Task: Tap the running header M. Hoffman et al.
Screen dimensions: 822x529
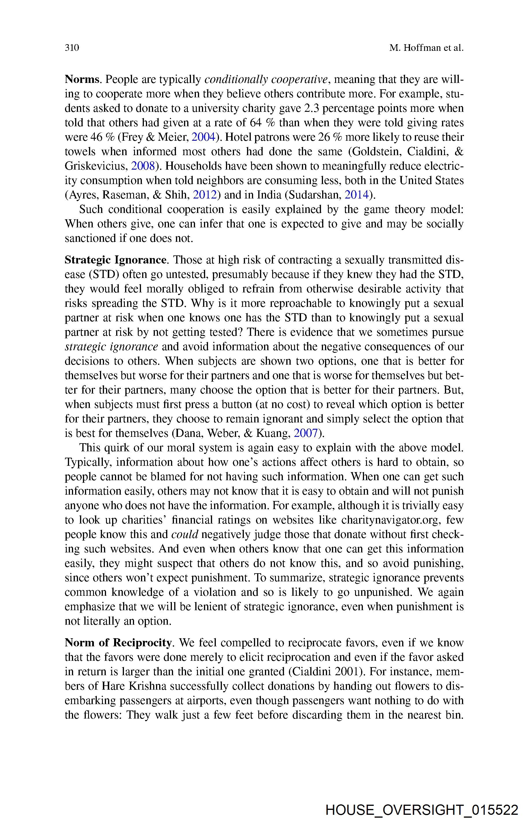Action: click(426, 48)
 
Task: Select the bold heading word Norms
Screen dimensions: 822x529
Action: click(82, 80)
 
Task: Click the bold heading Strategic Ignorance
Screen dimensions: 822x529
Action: click(116, 260)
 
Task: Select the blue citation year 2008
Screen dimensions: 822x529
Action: click(143, 166)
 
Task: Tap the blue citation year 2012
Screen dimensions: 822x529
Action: click(205, 195)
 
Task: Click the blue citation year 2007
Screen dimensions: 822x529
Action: click(306, 433)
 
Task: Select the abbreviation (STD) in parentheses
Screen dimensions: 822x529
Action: click(104, 274)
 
